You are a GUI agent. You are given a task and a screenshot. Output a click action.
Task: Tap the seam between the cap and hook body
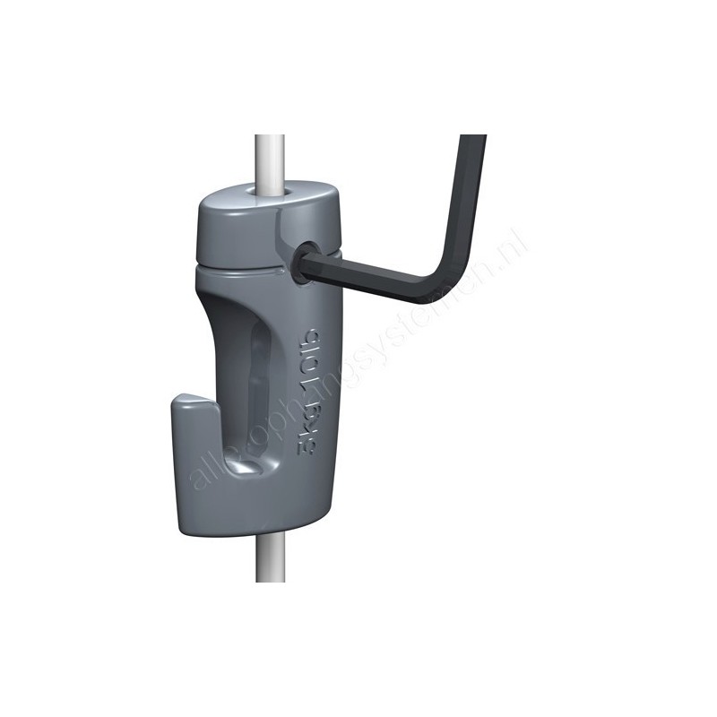click(x=242, y=265)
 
